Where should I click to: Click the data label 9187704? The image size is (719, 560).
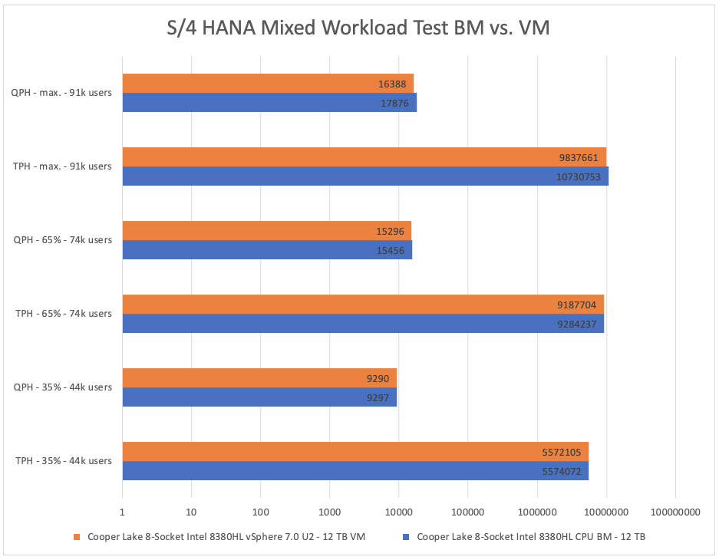tap(580, 305)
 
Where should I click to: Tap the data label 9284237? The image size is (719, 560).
tap(580, 324)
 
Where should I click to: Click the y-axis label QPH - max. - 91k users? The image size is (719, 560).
tap(61, 93)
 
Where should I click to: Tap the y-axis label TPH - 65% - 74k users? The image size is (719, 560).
tap(64, 314)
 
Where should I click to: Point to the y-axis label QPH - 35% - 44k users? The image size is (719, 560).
tap(64, 387)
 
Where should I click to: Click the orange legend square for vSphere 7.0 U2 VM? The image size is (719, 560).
tap(77, 538)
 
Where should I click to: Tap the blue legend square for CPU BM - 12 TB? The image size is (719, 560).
tap(407, 538)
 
